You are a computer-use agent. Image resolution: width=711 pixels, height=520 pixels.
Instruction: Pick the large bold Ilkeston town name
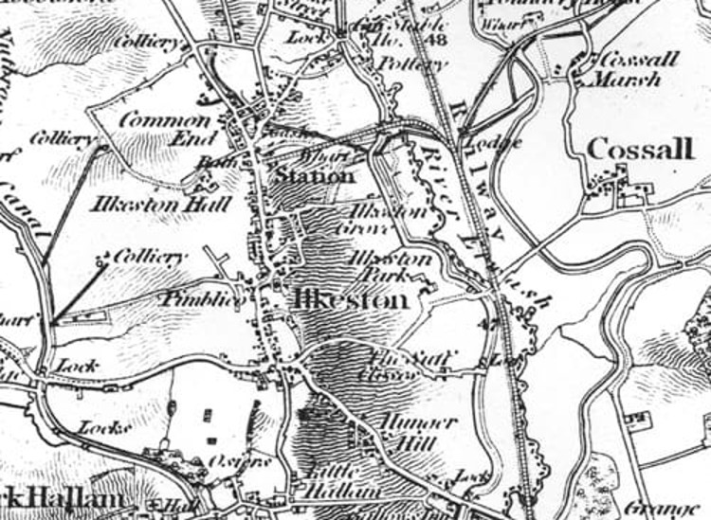352,299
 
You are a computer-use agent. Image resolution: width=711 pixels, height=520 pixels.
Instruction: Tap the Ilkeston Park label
391,267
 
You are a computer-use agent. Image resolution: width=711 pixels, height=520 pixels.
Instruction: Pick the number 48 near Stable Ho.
437,40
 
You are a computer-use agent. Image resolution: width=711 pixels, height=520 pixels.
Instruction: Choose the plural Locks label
103,427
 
